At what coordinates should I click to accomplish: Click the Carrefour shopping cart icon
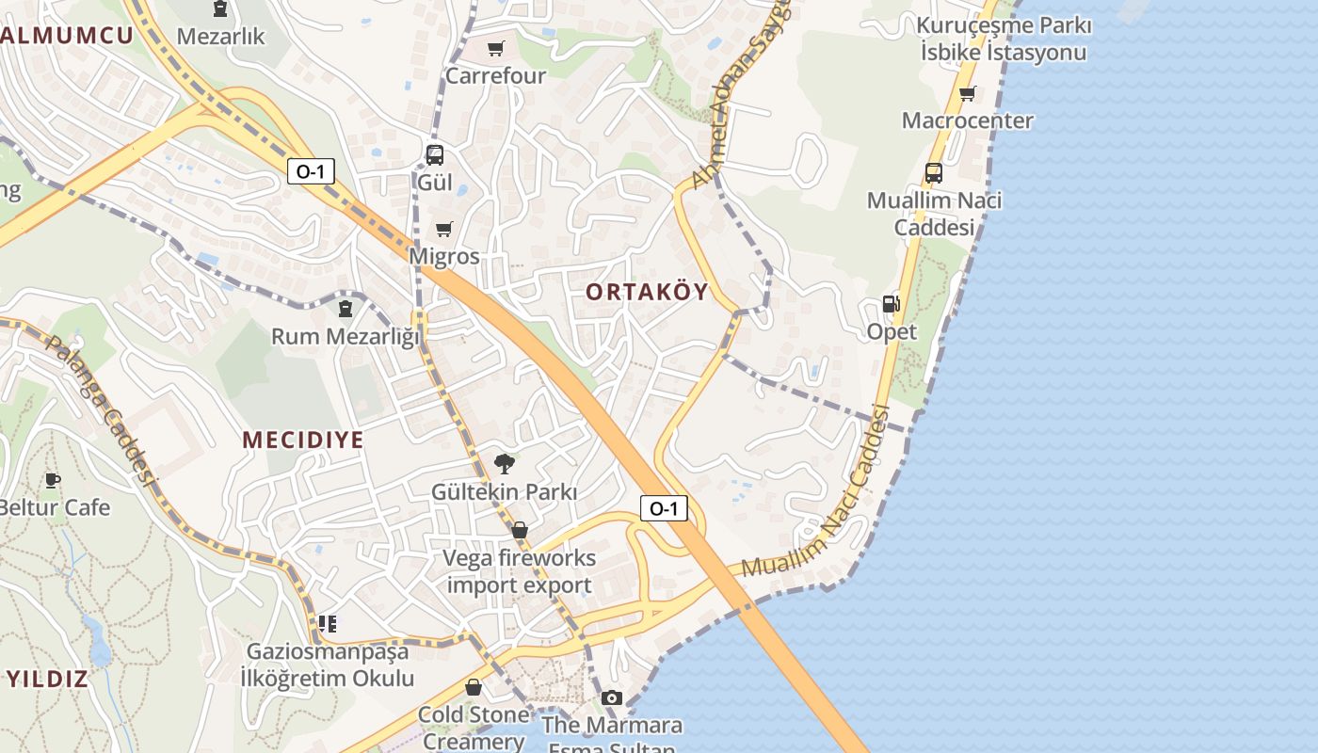coord(495,49)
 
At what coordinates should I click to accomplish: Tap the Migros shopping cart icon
coord(444,229)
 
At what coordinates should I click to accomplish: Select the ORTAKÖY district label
coord(647,292)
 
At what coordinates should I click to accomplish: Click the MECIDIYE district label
coord(302,440)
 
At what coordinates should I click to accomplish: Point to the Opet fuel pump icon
coord(891,304)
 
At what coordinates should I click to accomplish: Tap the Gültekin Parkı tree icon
coord(505,463)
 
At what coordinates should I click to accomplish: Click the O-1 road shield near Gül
coord(311,171)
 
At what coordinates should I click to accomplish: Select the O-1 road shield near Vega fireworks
coord(664,509)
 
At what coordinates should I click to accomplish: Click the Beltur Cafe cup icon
coord(53,480)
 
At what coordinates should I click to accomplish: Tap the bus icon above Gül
coord(434,155)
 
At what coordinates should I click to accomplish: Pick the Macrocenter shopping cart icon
coord(967,93)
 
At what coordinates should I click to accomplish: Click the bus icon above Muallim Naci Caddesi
coord(933,173)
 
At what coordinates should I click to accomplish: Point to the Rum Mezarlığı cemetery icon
coord(346,308)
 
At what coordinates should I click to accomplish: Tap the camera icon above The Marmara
coord(612,697)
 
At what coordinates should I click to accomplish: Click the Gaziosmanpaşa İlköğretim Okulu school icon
coord(328,623)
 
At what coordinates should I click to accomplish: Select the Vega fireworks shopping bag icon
coord(520,530)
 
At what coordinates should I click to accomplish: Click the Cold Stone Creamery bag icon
coord(473,687)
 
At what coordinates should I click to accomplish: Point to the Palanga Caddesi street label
coord(99,410)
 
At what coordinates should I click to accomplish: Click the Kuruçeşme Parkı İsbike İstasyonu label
coord(1005,39)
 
